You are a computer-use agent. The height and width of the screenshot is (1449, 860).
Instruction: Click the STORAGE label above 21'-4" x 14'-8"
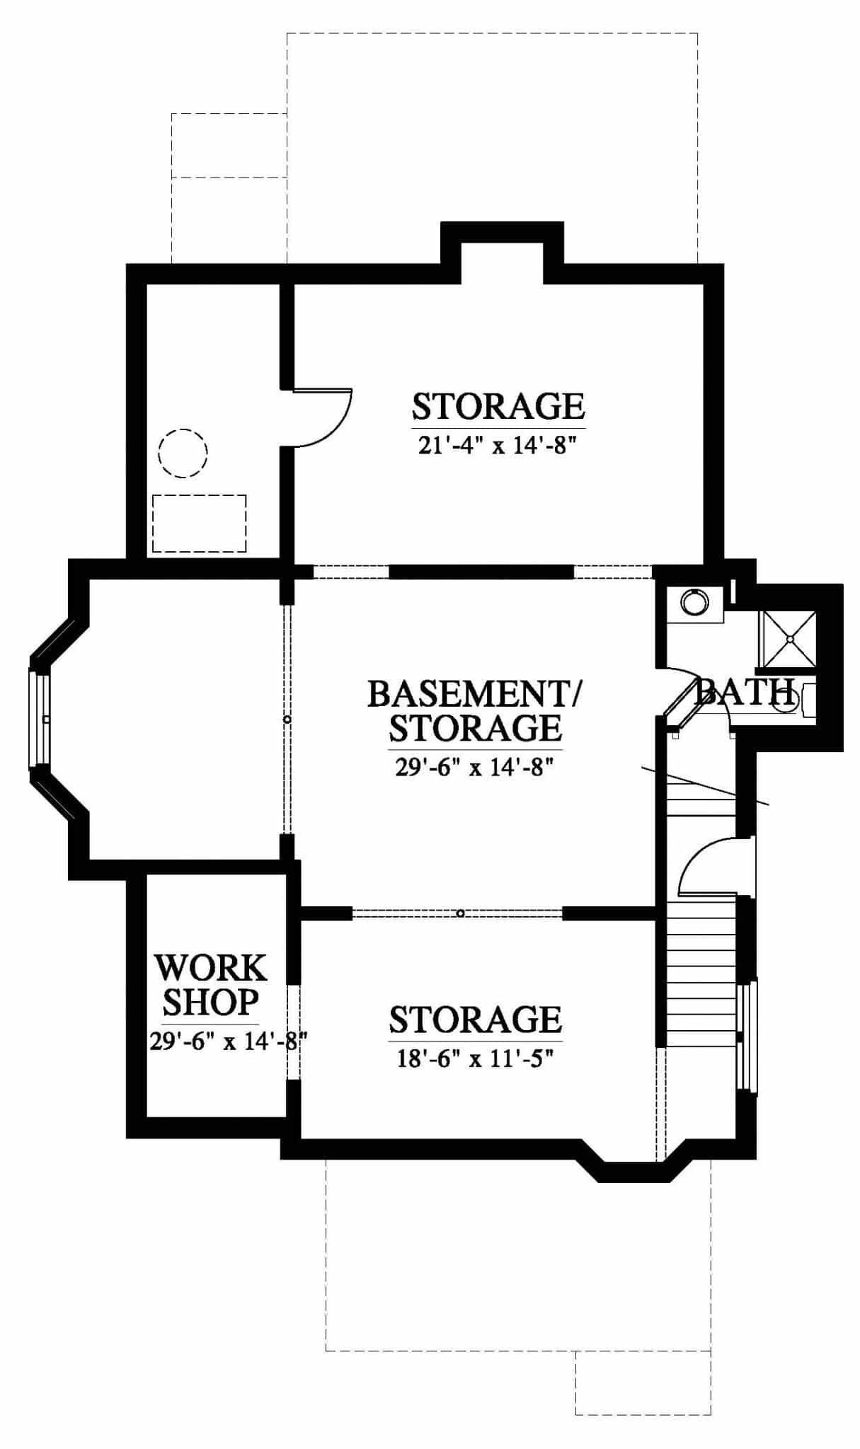point(498,407)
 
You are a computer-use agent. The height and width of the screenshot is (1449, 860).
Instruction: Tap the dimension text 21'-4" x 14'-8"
point(494,446)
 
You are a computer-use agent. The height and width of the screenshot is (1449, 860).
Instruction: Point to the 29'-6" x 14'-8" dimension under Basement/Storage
point(473,767)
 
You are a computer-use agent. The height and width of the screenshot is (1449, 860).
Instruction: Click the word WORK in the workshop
point(210,968)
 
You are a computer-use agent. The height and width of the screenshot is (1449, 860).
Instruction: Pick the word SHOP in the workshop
point(210,1001)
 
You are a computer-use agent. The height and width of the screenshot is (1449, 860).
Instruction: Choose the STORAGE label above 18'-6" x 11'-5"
point(475,1020)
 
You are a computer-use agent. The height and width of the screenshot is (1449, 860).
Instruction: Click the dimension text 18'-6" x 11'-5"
point(474,1059)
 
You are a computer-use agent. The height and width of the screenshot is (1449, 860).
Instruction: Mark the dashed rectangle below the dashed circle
point(199,524)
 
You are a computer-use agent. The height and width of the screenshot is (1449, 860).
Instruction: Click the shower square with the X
point(788,640)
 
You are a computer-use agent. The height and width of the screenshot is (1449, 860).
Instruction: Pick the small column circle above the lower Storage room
point(460,913)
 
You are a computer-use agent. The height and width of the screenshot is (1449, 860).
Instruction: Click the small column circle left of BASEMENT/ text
point(287,720)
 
